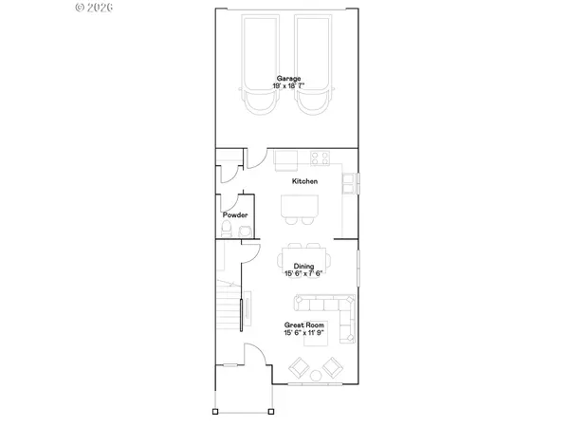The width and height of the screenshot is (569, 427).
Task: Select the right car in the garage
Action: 315,63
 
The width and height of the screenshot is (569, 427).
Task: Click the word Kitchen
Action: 304,181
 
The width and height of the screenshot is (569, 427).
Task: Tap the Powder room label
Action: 234,215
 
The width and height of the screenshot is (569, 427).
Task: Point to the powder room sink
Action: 225,231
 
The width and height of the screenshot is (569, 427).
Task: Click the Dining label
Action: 303,267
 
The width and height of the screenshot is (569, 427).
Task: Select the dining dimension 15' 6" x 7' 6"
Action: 303,274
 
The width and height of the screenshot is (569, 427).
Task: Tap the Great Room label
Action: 303,325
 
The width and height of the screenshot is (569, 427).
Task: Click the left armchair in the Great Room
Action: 298,368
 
